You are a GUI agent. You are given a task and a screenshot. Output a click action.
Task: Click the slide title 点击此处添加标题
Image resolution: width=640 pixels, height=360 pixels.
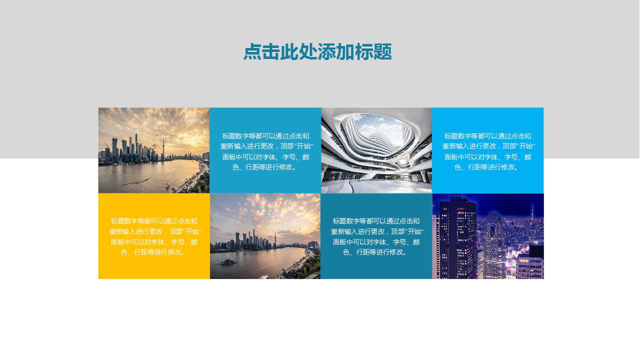tap(317, 52)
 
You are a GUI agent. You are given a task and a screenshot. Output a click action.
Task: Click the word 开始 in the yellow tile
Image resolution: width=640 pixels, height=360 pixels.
tap(192, 231)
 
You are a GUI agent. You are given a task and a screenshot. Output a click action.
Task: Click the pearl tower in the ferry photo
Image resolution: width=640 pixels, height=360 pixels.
tap(274, 239)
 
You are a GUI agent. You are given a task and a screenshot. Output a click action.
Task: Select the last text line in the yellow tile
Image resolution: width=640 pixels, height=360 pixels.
tap(154, 252)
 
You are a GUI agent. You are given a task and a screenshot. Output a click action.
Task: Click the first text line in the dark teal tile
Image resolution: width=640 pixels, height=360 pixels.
tap(376, 221)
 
